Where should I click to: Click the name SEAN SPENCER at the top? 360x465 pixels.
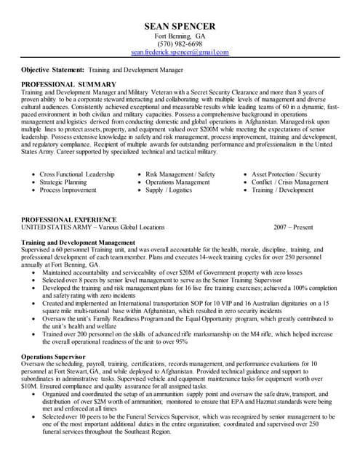tap(180, 25)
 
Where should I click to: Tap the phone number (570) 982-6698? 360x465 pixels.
tap(180, 44)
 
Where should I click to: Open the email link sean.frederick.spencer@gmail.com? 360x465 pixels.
tap(180, 53)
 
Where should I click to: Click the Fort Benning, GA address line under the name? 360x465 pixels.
tap(180, 36)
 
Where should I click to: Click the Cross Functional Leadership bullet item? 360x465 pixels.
tap(77, 174)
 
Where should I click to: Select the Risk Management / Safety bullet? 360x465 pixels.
tap(180, 174)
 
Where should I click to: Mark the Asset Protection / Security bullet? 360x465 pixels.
tap(287, 174)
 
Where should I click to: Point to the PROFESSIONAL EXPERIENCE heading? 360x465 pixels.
tap(69, 219)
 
